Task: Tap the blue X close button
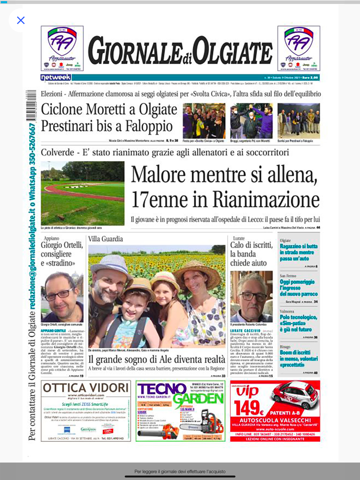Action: [21, 21]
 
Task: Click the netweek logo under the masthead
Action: [56, 77]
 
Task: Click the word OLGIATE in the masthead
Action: [233, 52]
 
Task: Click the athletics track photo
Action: [82, 193]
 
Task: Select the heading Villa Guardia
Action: [105, 239]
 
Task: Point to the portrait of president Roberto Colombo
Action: [251, 296]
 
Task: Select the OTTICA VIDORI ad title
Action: [86, 388]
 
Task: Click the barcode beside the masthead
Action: [31, 105]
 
